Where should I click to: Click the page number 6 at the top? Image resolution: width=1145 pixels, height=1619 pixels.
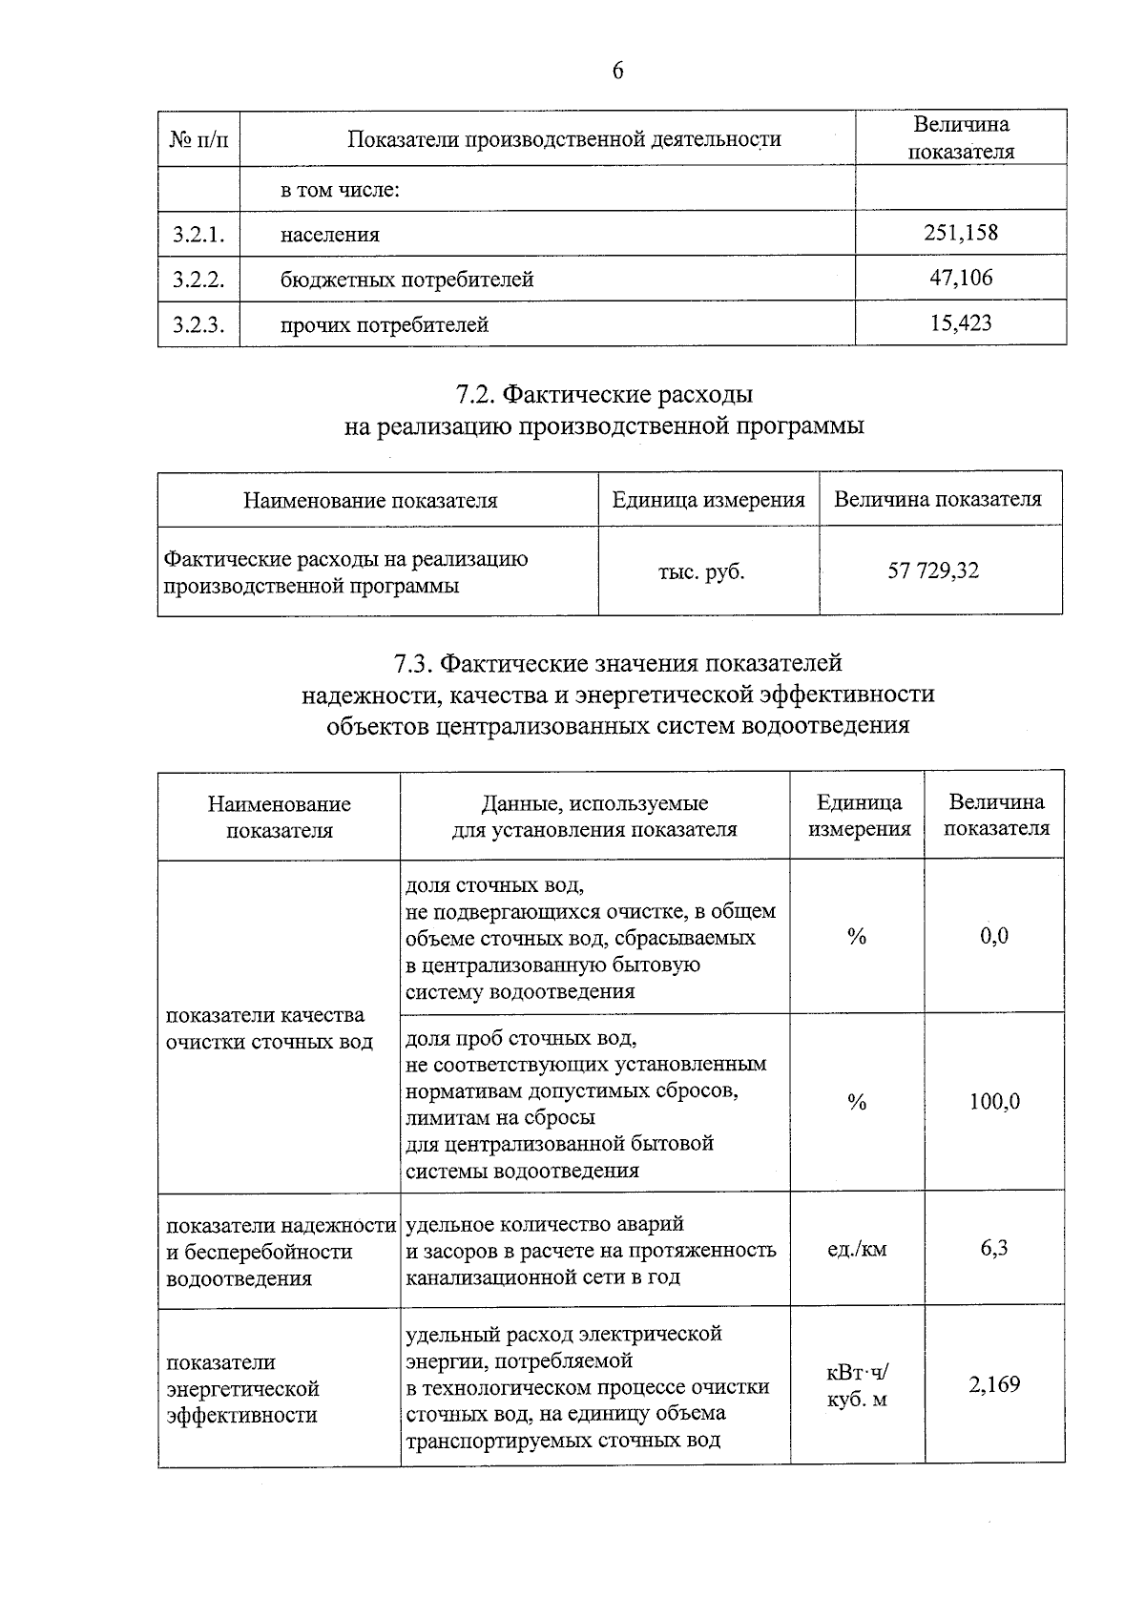pyautogui.click(x=617, y=72)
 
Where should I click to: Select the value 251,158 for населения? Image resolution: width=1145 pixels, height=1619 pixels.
pyautogui.click(x=961, y=233)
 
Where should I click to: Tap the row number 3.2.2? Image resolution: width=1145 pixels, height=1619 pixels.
pyautogui.click(x=198, y=280)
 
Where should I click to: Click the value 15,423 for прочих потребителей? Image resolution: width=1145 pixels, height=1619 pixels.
pyautogui.click(x=961, y=323)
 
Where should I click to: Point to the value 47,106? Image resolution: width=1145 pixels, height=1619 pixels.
pyautogui.click(x=961, y=278)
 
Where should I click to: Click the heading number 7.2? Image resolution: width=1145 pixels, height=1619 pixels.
pyautogui.click(x=474, y=394)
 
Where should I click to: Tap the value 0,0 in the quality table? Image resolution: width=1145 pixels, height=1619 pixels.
pyautogui.click(x=993, y=936)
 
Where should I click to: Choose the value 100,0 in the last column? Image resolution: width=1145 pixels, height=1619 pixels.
pyautogui.click(x=994, y=1102)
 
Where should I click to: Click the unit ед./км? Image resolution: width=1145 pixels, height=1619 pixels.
pyautogui.click(x=856, y=1249)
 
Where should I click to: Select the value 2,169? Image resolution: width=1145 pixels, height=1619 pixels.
pyautogui.click(x=994, y=1384)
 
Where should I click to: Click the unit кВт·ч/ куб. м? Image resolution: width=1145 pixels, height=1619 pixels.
pyautogui.click(x=856, y=1386)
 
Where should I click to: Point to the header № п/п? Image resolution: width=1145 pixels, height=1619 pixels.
pyautogui.click(x=198, y=140)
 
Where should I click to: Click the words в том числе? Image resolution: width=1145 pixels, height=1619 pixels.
pyautogui.click(x=339, y=190)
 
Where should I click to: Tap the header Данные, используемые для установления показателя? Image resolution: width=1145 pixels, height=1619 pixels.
pyautogui.click(x=593, y=816)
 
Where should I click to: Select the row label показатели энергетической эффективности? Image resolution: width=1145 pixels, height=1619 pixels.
pyautogui.click(x=242, y=1388)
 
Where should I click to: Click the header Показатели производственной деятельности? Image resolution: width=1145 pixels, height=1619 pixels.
pyautogui.click(x=563, y=140)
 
